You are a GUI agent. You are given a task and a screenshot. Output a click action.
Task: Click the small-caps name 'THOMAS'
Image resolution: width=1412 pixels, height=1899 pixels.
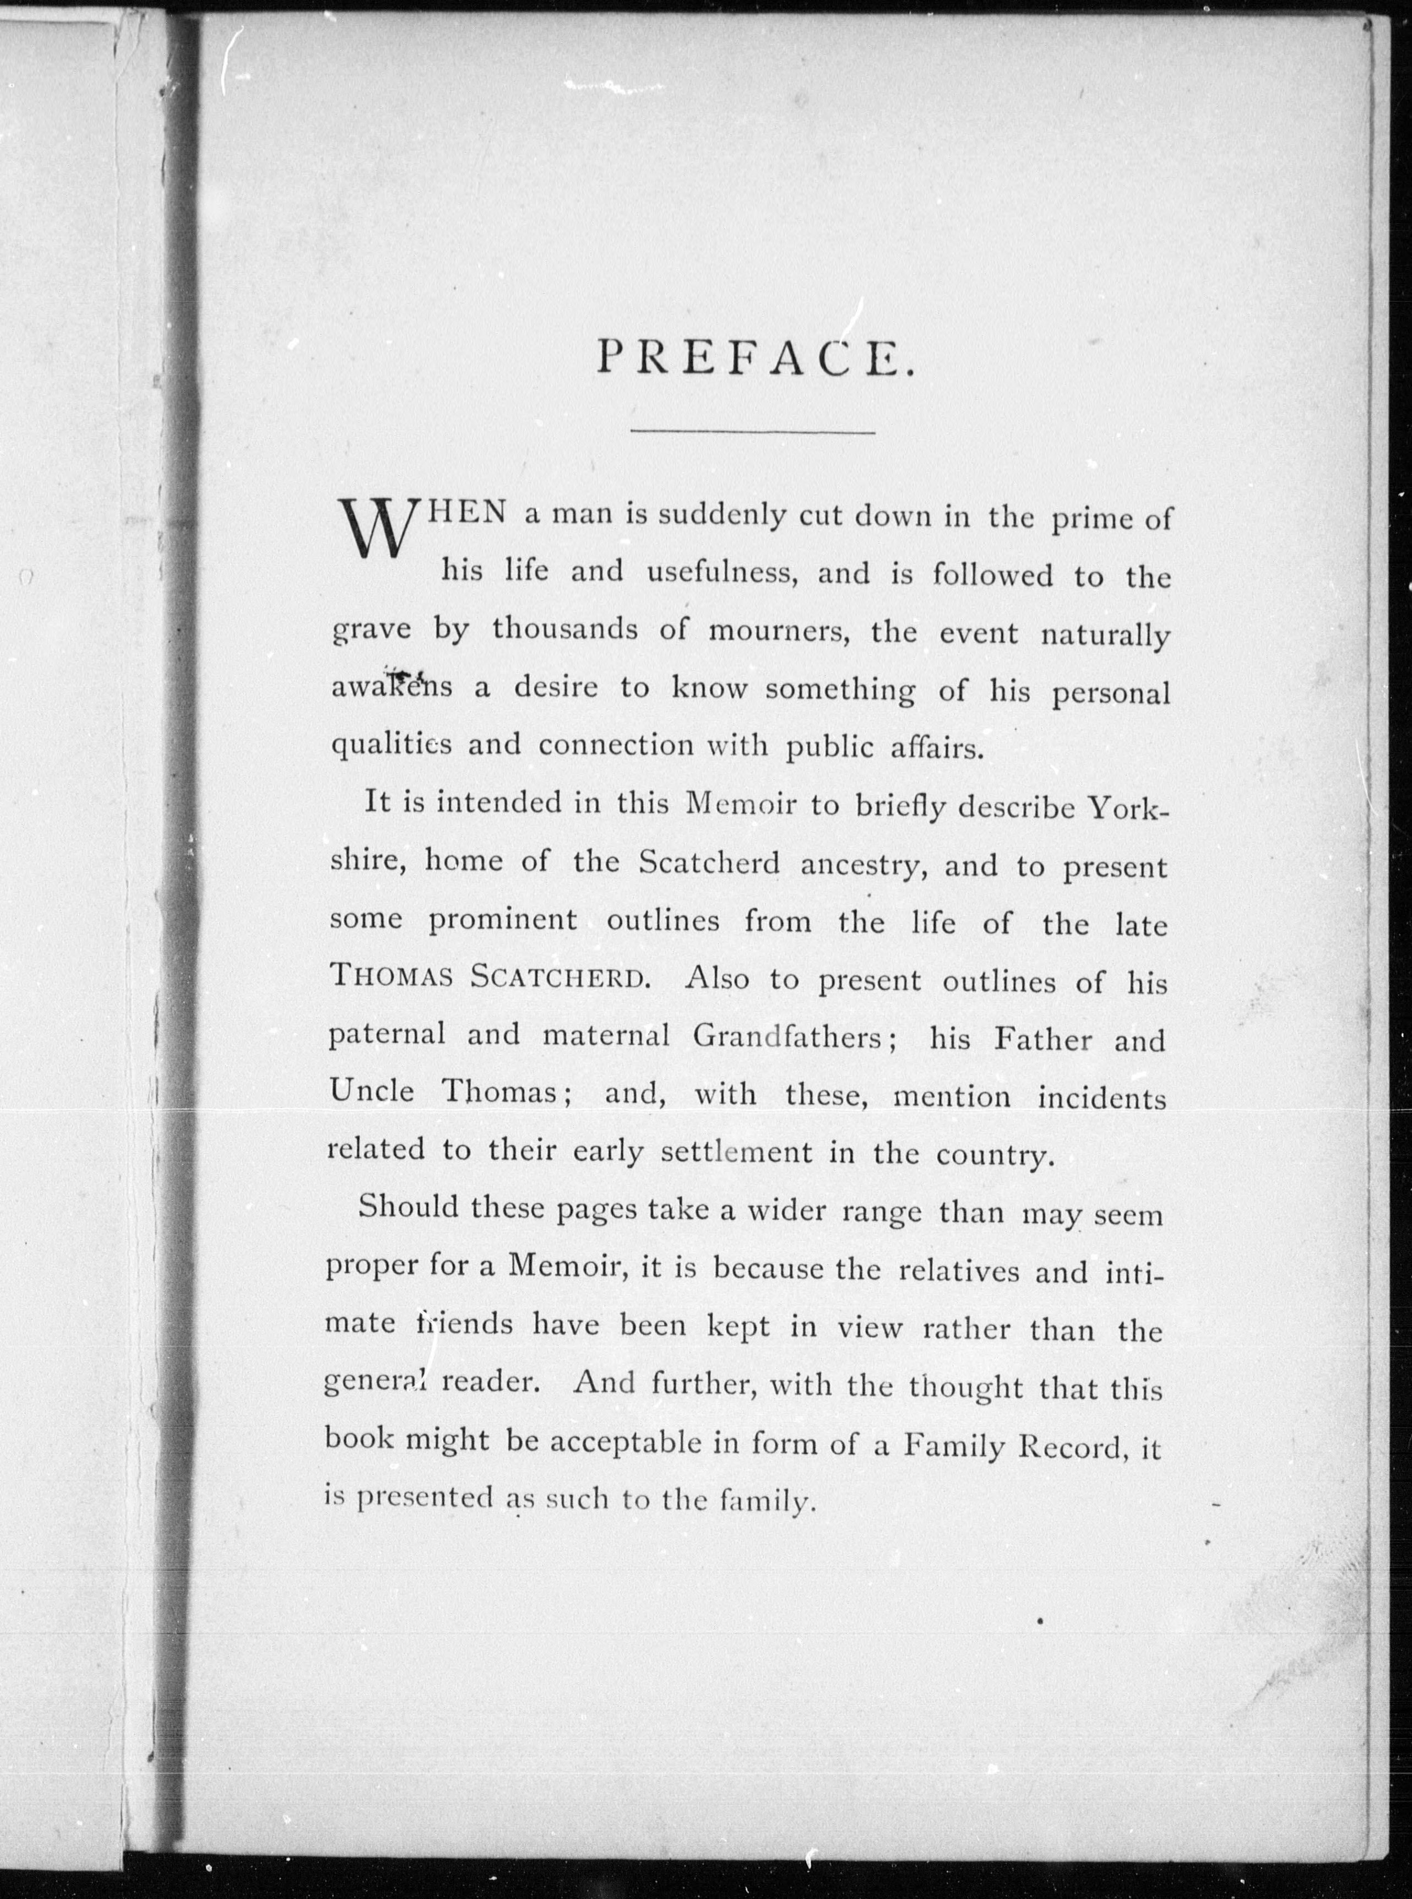[x=390, y=977]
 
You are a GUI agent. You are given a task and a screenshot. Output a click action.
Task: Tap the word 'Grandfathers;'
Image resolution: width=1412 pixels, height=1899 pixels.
[x=794, y=1037]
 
